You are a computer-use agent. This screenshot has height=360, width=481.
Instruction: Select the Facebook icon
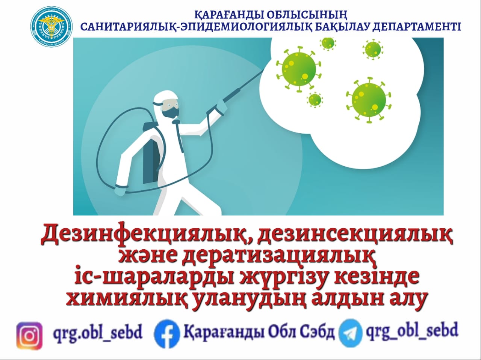click(166, 333)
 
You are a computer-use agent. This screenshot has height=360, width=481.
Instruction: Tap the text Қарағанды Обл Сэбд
click(259, 332)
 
